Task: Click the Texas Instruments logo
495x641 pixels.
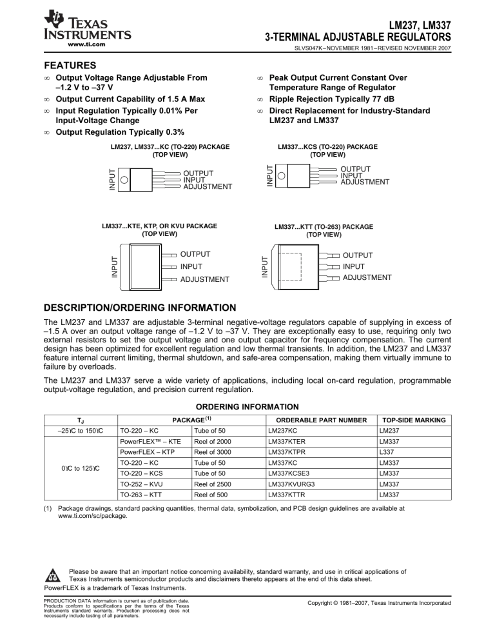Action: pyautogui.click(x=86, y=26)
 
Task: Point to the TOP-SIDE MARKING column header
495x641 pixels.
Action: pyautogui.click(x=413, y=420)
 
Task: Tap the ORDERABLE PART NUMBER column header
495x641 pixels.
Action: pyautogui.click(x=315, y=420)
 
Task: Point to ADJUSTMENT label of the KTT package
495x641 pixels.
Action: pyautogui.click(x=367, y=277)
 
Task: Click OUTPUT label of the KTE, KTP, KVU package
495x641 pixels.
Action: pyautogui.click(x=195, y=254)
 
